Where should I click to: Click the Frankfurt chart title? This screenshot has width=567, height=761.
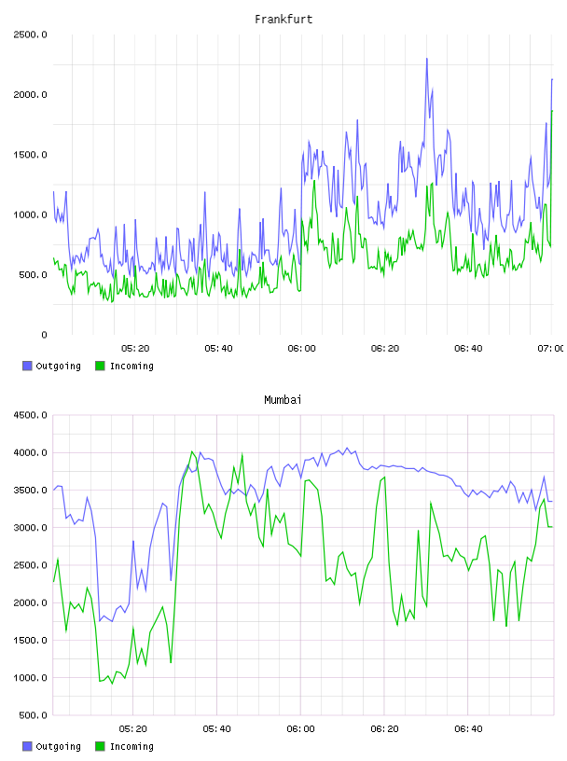click(x=283, y=20)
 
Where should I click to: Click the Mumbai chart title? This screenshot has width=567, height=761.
click(x=283, y=400)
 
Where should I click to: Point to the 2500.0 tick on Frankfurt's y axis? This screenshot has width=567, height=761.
click(x=30, y=35)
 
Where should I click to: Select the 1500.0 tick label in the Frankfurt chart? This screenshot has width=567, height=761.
click(x=30, y=155)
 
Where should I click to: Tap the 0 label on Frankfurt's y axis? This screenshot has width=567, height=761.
click(x=44, y=335)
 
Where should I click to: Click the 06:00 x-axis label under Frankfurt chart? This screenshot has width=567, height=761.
click(x=301, y=349)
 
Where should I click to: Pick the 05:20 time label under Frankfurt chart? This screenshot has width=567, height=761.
click(x=135, y=349)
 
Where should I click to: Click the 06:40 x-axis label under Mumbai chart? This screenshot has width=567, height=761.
click(x=468, y=729)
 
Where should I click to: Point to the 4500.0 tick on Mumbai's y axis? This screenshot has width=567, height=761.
click(x=30, y=415)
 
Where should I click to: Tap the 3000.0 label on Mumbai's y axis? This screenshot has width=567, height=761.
click(x=30, y=528)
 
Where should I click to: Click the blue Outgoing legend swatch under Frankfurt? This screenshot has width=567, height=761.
click(x=27, y=366)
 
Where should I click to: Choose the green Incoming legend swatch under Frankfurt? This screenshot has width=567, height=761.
click(x=100, y=366)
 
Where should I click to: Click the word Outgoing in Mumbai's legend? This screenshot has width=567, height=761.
click(x=58, y=746)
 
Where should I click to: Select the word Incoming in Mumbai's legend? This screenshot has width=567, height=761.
click(x=131, y=746)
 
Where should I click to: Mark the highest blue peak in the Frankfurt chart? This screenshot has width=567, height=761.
click(x=427, y=59)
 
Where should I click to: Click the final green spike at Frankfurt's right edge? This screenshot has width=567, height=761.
click(x=552, y=111)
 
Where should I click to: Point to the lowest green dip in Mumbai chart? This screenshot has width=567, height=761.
click(x=112, y=684)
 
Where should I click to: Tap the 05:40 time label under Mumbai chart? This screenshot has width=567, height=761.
click(x=217, y=729)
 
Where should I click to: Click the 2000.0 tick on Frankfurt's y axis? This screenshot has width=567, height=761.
click(x=30, y=94)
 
